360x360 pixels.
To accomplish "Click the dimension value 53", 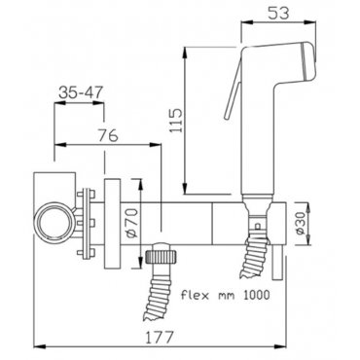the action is tap(278, 13).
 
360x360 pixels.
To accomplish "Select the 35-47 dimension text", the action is tap(81, 92).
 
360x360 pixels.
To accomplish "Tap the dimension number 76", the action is tap(108, 135).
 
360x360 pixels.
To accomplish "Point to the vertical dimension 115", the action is tap(177, 121).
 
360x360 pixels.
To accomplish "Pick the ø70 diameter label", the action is tap(132, 223).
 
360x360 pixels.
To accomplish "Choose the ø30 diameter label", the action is tap(301, 223).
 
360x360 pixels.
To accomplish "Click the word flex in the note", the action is tap(192, 295).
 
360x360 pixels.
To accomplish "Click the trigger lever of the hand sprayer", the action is tap(233, 90).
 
